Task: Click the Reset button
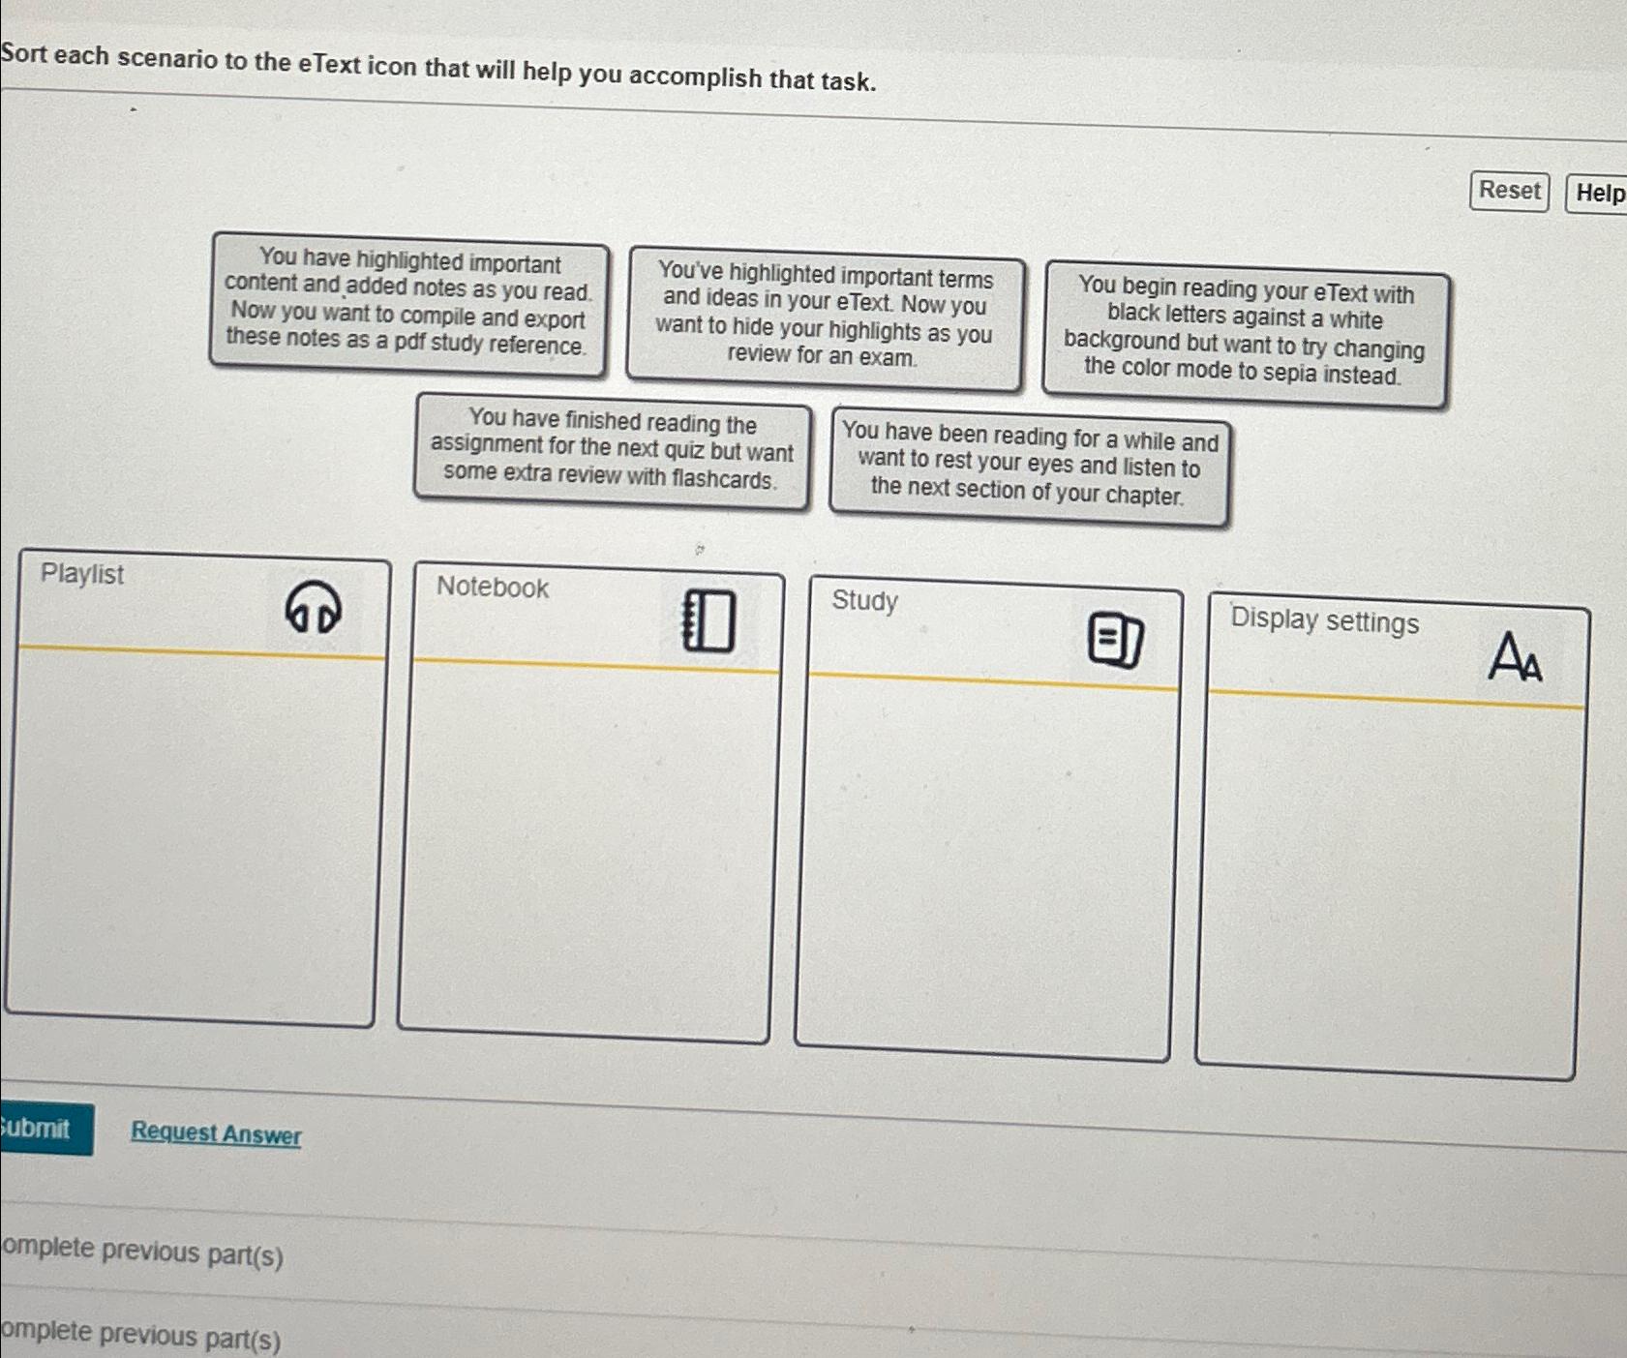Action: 1508,191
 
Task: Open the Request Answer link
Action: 216,1132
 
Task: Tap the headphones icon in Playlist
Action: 313,608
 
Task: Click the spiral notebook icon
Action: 708,620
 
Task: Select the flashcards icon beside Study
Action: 1115,639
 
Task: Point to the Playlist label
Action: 82,574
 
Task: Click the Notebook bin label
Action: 492,587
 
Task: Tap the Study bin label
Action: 864,600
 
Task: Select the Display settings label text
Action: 1323,620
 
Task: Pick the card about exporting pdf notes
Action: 407,302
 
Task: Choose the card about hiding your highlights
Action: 824,316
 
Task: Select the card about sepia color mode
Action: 1244,332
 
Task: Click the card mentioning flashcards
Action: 611,449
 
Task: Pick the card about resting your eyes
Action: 1028,465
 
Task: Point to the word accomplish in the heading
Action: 695,75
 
